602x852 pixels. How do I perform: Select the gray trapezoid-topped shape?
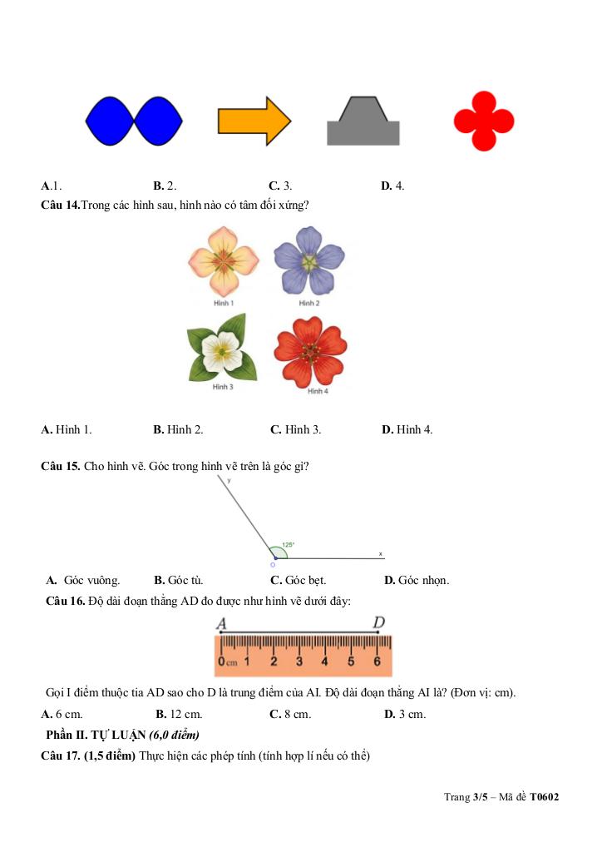[x=363, y=123]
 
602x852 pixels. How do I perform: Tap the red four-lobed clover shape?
[x=484, y=121]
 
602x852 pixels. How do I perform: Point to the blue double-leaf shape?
[x=134, y=121]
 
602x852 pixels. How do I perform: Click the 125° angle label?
[x=288, y=546]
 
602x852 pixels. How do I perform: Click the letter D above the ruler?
[x=378, y=622]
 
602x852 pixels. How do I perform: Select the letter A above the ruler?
[x=221, y=623]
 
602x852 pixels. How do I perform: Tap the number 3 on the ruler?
[x=299, y=662]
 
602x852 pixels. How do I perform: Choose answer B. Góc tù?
[x=179, y=580]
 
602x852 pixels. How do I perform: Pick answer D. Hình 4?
[x=407, y=429]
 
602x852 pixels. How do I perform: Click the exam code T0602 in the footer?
[x=545, y=797]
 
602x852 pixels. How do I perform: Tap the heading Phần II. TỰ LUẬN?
[x=96, y=735]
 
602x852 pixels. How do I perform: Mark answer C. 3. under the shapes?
[x=280, y=186]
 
